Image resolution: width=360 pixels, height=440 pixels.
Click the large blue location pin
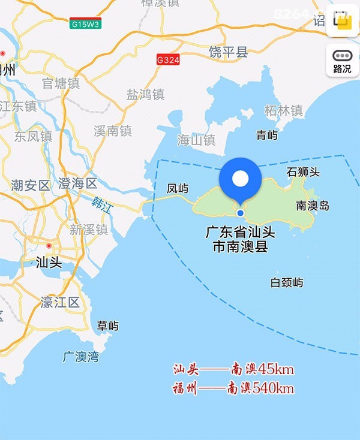point(240,179)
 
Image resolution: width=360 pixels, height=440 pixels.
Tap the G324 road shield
point(168,60)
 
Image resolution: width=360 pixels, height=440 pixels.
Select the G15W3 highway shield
point(85,25)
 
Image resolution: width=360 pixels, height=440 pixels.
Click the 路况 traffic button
point(342,62)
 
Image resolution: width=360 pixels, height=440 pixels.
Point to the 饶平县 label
point(228,52)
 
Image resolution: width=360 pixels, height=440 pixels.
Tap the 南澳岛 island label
point(313,206)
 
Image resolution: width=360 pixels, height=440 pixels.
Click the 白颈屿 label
point(287,282)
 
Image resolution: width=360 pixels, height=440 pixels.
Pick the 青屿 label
point(267,135)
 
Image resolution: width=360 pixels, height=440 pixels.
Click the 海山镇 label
point(196,140)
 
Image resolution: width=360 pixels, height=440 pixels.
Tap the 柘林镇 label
point(283,111)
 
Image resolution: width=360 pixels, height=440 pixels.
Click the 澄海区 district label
point(77,183)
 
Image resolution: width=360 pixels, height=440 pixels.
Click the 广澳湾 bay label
point(80,357)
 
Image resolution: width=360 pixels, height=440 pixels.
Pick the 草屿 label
point(108,326)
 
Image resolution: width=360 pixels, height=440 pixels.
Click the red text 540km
point(274,388)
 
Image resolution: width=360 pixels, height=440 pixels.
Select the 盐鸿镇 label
point(145,94)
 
